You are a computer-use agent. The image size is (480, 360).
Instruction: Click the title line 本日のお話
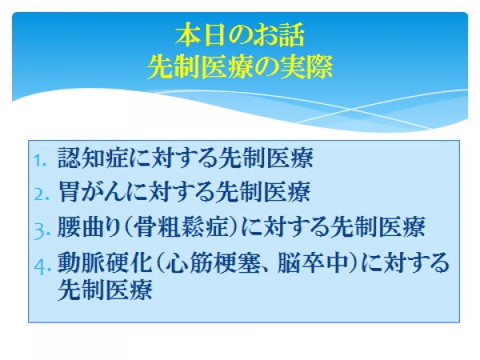pos(240,35)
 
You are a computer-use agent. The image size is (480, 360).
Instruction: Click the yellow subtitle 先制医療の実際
pos(240,67)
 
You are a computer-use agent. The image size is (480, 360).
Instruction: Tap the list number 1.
pos(40,161)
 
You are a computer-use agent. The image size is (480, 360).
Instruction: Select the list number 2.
pos(41,194)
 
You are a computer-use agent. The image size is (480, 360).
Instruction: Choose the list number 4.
pos(42,266)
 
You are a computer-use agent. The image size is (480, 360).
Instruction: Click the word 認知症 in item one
pos(93,158)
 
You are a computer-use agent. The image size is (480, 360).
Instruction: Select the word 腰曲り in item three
pos(89,227)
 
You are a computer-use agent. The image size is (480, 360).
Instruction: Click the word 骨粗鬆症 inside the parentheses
pos(182,227)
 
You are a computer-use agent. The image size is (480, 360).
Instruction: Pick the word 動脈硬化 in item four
pos(105,262)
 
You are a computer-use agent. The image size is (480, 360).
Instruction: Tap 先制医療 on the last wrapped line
pos(105,290)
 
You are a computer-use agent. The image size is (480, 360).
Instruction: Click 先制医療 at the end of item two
pos(263,192)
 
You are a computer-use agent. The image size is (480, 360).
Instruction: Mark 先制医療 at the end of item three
pos(378,227)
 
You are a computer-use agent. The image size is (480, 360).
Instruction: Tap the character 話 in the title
pos(291,35)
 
